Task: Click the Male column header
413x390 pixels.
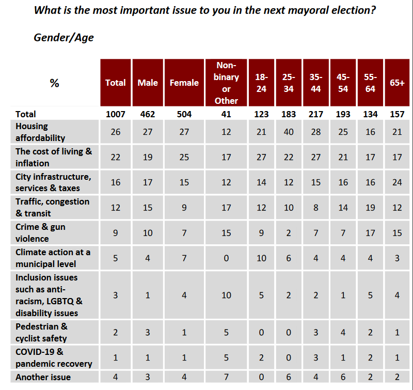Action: [148, 83]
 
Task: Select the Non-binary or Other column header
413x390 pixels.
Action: [226, 83]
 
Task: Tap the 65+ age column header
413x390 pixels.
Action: [397, 83]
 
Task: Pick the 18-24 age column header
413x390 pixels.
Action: [261, 83]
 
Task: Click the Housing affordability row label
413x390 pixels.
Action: [40, 132]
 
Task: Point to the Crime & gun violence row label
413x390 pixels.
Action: [40, 232]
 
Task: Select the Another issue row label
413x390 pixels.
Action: [43, 377]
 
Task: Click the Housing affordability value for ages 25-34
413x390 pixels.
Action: [289, 132]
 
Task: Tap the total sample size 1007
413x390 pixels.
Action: [115, 114]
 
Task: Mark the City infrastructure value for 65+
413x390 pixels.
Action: [397, 182]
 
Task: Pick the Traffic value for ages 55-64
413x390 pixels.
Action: [370, 208]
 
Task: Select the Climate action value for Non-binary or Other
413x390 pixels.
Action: [226, 258]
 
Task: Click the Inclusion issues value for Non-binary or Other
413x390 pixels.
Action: [226, 294]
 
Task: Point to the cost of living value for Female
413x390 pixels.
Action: [184, 157]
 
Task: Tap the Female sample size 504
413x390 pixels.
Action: [184, 114]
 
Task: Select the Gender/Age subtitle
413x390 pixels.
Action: [64, 37]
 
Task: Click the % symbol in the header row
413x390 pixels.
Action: [54, 83]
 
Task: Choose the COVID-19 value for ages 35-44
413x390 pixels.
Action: [316, 357]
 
